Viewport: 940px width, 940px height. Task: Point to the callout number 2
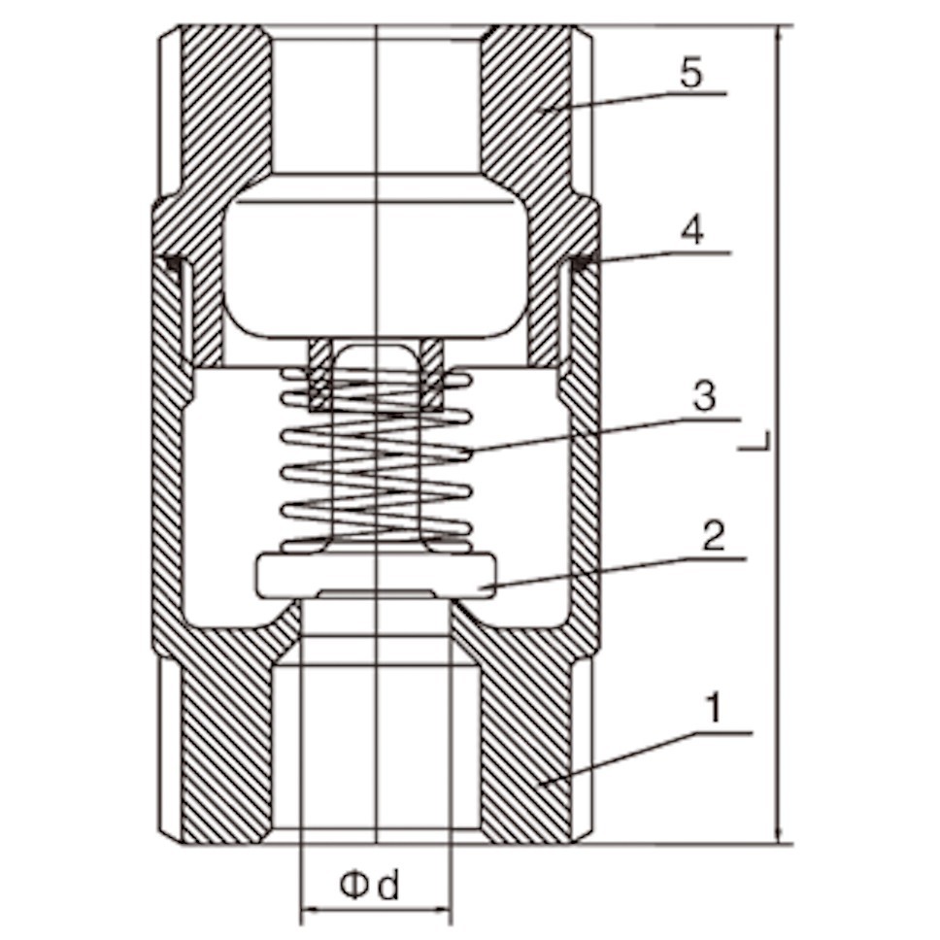pyautogui.click(x=713, y=536)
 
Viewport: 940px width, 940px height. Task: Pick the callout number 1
pyautogui.click(x=713, y=708)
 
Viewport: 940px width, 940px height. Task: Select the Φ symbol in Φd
pyautogui.click(x=354, y=886)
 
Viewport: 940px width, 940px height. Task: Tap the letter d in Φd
pyautogui.click(x=388, y=886)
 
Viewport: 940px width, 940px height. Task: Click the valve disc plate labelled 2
pyautogui.click(x=377, y=577)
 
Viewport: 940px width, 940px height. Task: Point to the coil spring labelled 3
pyautogui.click(x=377, y=459)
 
